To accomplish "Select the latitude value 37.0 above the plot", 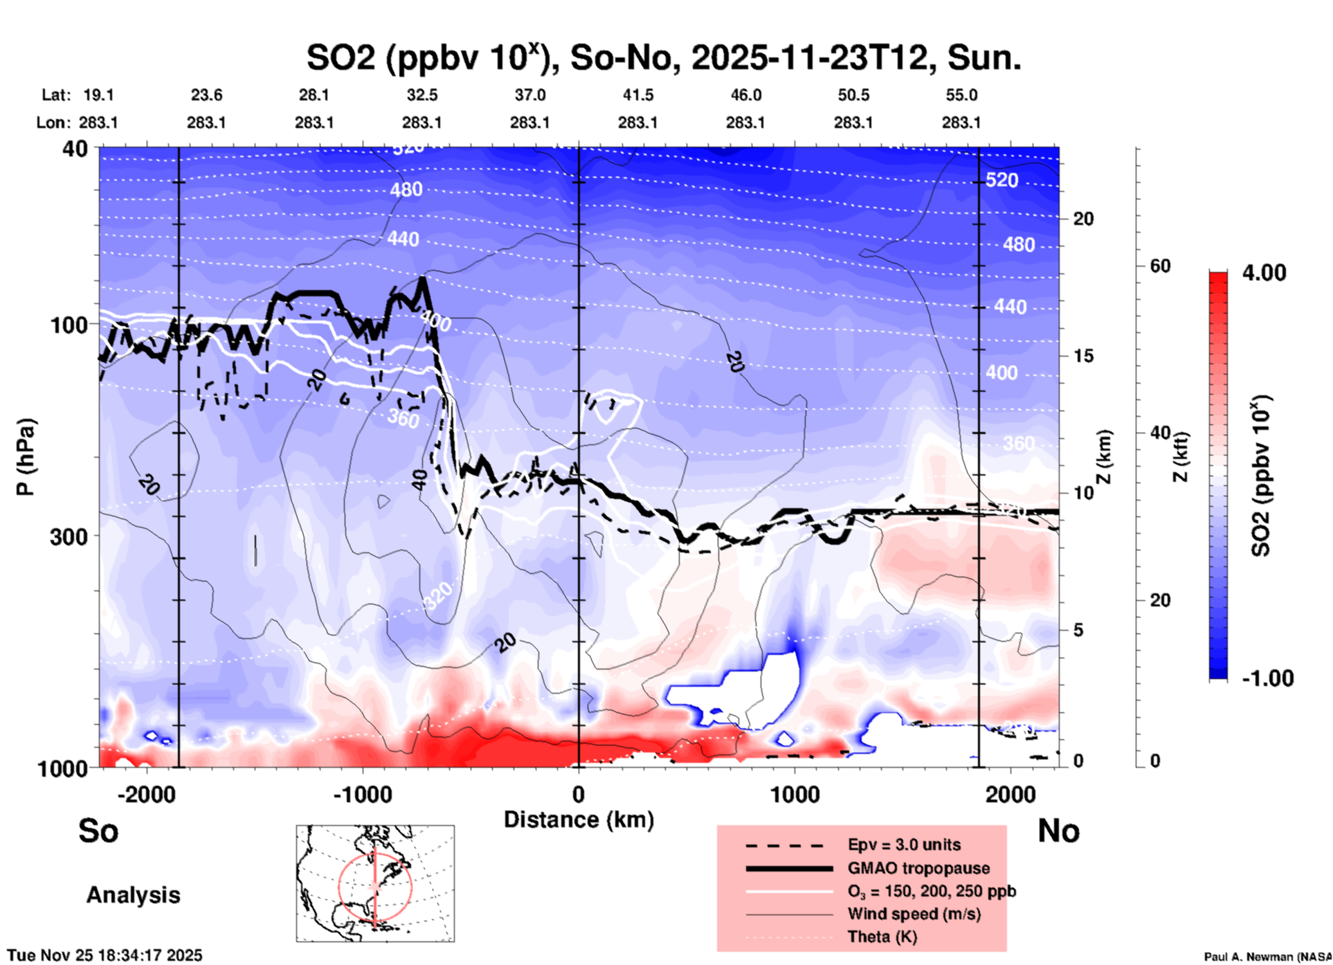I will [529, 95].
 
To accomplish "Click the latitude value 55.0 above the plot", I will [961, 95].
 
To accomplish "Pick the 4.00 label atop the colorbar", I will [1264, 272].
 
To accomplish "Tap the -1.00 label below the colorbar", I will [1267, 678].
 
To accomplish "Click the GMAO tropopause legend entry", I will [918, 868].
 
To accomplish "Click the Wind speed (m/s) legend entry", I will [914, 914].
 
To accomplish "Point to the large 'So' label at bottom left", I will [98, 831].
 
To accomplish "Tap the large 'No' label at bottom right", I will [1058, 831].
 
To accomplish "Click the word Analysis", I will [133, 895].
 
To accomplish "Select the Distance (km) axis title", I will [579, 820].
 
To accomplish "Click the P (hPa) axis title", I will [25, 457].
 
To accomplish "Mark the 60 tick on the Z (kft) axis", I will [1160, 266].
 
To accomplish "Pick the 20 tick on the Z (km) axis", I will [1083, 219].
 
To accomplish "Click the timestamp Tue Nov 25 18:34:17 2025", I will [105, 955].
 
